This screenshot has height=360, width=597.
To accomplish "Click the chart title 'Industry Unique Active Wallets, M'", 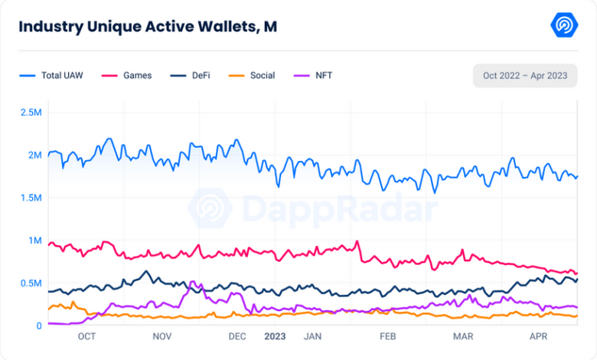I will coord(148,27).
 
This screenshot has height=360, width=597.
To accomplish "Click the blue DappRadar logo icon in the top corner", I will coord(564,25).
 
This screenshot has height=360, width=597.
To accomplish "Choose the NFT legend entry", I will coord(314,76).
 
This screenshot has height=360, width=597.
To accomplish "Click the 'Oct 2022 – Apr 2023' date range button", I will coord(525,76).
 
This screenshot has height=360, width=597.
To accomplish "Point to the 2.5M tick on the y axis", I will coord(31,113).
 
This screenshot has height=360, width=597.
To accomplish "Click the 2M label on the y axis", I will coord(34,155).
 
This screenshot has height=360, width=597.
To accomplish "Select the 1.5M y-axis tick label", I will coord(31,198).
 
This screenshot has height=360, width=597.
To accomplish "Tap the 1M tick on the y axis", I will coord(34,241).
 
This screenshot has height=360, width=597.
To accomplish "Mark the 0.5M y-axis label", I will coord(31,283).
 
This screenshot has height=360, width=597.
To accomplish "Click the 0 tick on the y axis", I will coord(39,326).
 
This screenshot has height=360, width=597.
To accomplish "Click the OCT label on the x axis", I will coord(86,336).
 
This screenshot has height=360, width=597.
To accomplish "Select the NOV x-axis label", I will coord(162,336).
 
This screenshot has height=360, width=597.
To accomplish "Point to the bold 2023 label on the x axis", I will coord(275,336).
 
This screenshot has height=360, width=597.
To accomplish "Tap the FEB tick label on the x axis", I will coord(387,336).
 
